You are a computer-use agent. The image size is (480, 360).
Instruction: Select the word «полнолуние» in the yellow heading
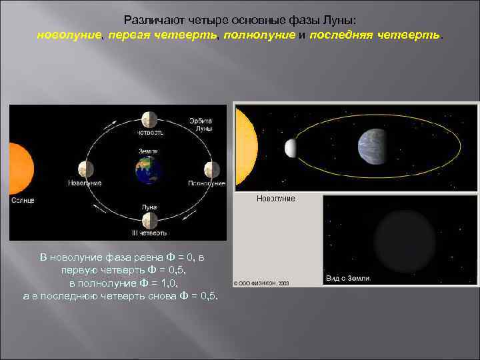point(259,35)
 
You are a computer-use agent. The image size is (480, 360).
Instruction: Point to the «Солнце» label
point(22,200)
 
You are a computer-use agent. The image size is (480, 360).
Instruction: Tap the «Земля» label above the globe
point(148,151)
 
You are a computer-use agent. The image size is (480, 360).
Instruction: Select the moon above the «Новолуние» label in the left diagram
point(85,169)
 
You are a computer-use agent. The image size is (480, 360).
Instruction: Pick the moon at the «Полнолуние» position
point(211,169)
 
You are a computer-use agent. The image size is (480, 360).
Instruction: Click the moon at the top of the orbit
point(149,119)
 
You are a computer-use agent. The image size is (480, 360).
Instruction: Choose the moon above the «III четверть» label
point(149,221)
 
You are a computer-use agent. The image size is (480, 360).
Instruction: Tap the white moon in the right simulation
point(291,148)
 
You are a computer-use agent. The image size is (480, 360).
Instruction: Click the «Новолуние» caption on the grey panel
point(275,199)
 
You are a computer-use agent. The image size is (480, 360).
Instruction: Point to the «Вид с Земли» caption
point(348,278)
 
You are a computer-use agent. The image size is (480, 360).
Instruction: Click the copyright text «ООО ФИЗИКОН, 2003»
point(263,282)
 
